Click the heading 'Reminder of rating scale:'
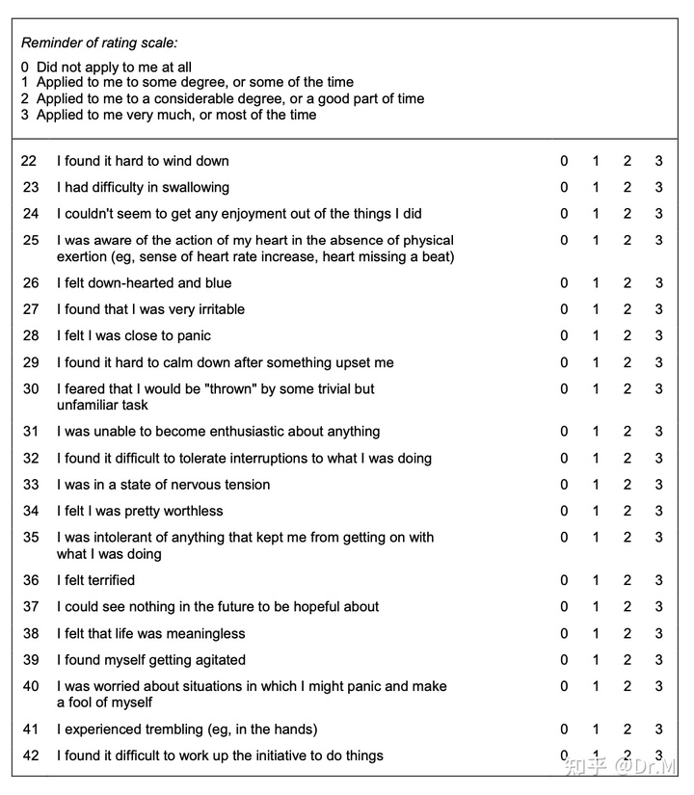[x=99, y=42]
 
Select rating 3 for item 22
[x=659, y=161]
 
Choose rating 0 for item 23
[x=565, y=187]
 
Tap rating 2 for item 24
[x=627, y=214]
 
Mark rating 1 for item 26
[x=596, y=283]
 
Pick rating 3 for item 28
[x=659, y=336]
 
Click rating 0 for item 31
[x=565, y=432]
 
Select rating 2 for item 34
[x=627, y=511]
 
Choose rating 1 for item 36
[x=596, y=580]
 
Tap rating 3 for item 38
[x=659, y=633]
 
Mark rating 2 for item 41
[x=627, y=729]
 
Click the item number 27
[x=31, y=309]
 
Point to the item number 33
[x=31, y=485]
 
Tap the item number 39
[x=31, y=660]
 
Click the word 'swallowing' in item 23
[x=195, y=188]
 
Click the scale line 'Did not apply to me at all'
[x=114, y=67]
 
